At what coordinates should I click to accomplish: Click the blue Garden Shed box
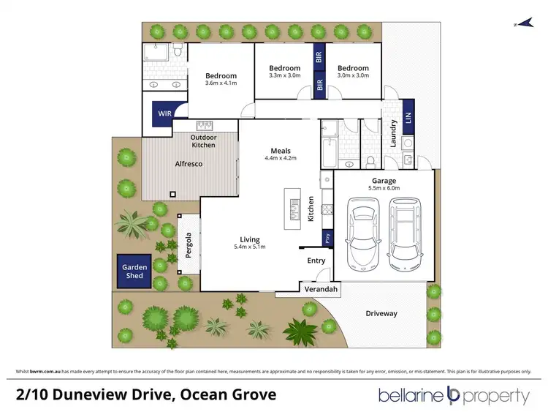click(x=134, y=271)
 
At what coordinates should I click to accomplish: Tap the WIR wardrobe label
click(x=163, y=114)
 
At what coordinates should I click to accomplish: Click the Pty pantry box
click(x=327, y=239)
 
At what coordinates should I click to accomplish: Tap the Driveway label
click(x=381, y=313)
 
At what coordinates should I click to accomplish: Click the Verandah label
click(x=321, y=291)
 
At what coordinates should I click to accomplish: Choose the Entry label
click(x=316, y=261)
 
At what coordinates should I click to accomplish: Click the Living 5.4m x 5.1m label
click(x=250, y=243)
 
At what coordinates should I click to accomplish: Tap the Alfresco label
click(x=188, y=164)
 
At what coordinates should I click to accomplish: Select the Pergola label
click(x=188, y=247)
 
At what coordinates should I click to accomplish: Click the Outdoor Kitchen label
click(x=203, y=141)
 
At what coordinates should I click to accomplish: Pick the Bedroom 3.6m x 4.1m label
click(x=221, y=80)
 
